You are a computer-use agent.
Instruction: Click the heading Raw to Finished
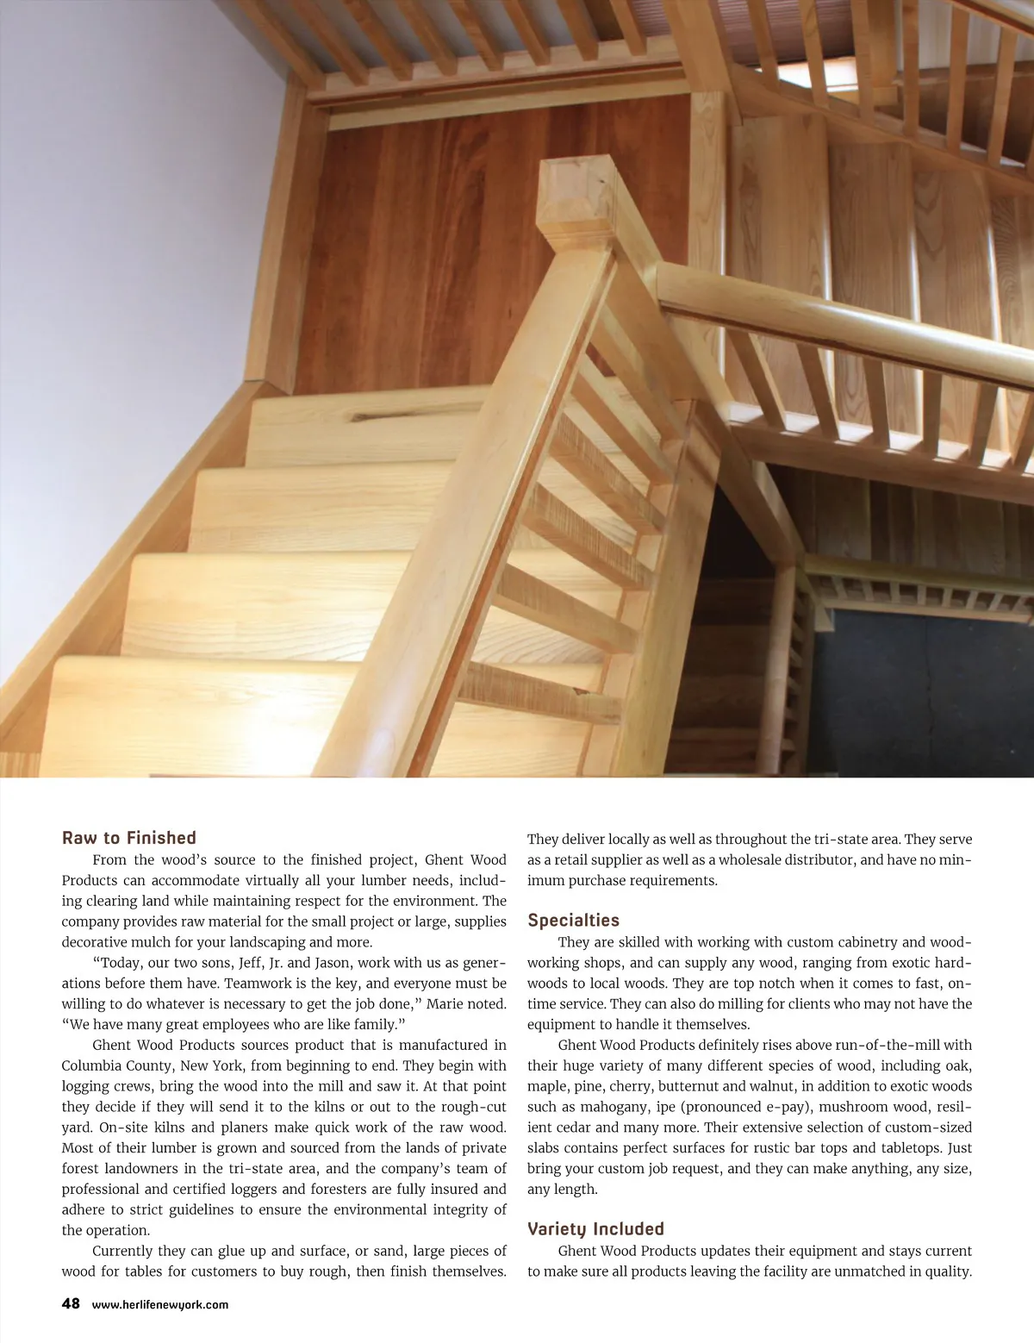click(x=129, y=838)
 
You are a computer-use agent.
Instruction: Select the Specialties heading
click(x=573, y=921)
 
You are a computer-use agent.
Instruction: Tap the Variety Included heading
click(x=595, y=1229)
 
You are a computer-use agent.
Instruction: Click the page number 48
click(x=71, y=1303)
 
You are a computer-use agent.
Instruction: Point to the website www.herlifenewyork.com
click(x=160, y=1304)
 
